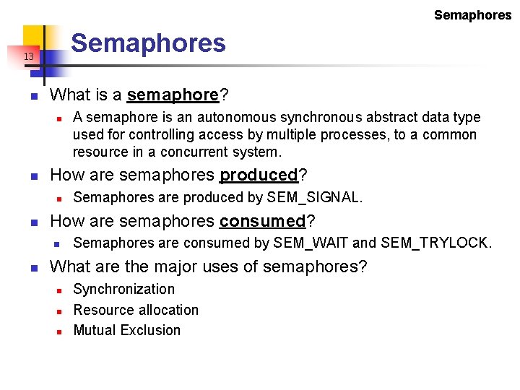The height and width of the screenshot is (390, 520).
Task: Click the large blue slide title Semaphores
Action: pos(148,43)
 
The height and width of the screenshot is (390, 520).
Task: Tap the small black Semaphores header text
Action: pos(472,15)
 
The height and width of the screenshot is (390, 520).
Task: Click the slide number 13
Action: pos(28,56)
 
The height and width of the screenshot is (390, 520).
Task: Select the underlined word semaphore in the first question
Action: pos(173,95)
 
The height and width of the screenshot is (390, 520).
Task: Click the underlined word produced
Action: pos(259,175)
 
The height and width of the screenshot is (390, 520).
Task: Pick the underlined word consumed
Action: pos(263,221)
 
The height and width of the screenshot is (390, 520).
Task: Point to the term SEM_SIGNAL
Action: pos(314,197)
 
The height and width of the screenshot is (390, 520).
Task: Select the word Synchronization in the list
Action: pos(124,289)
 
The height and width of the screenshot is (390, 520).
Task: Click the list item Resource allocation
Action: pos(136,310)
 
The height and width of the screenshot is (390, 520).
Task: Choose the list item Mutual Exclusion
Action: pos(127,330)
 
